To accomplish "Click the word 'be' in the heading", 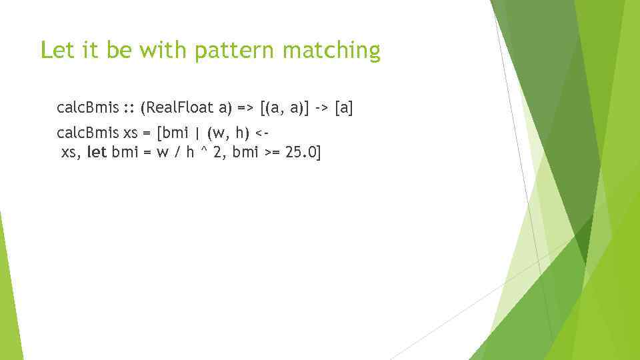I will (x=120, y=50).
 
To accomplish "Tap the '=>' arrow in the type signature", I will (x=246, y=107).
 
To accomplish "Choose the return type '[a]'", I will (x=343, y=107).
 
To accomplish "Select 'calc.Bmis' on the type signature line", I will (x=88, y=107).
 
